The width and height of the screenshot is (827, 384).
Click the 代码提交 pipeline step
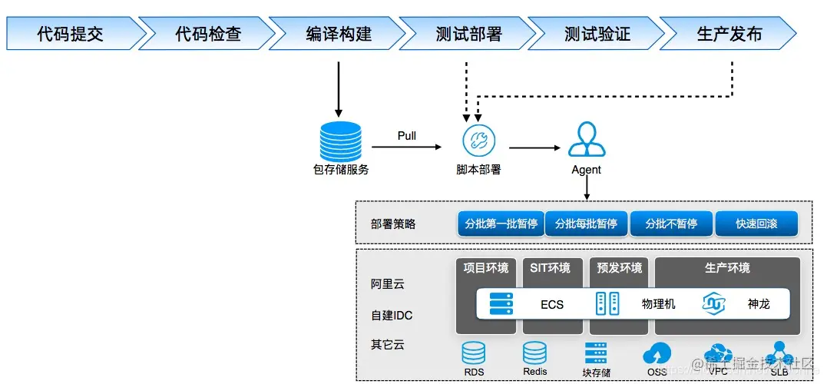(71, 35)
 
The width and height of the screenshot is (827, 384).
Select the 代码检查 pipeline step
(208, 35)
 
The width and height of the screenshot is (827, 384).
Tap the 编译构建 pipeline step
(339, 35)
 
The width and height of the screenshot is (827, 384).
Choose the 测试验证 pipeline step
(597, 35)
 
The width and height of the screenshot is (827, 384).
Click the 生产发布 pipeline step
(729, 35)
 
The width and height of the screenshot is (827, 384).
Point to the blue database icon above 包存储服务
(339, 141)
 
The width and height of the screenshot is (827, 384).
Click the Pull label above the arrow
(407, 136)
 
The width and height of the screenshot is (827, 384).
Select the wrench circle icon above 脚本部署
(478, 141)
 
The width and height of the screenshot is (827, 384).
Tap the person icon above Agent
(586, 141)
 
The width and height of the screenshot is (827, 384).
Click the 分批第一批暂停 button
(501, 223)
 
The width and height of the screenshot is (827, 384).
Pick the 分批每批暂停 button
(586, 223)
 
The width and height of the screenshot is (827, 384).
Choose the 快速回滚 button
(756, 223)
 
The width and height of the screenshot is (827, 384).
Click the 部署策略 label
(392, 224)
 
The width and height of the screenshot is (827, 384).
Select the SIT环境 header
(550, 268)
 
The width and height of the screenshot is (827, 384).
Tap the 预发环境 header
(619, 268)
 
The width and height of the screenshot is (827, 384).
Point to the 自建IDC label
(392, 315)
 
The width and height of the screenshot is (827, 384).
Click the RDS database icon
(473, 353)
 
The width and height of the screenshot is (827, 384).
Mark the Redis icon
(534, 353)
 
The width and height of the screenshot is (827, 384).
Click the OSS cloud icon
(657, 353)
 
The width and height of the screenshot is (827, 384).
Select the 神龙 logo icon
(713, 304)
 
